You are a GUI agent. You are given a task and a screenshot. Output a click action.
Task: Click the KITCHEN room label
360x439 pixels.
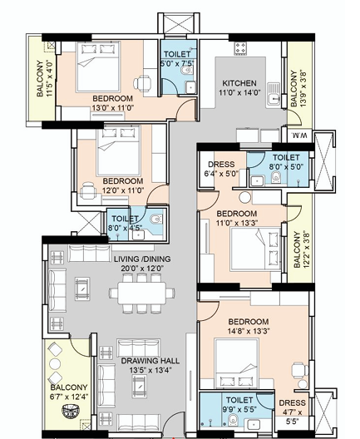click(239, 83)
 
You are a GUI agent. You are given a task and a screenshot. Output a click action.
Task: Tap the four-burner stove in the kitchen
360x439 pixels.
click(241, 48)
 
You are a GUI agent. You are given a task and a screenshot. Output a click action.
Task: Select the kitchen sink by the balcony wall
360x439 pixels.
click(274, 94)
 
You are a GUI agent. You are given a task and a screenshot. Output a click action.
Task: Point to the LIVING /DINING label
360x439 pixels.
click(142, 259)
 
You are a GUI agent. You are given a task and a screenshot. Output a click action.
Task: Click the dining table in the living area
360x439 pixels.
click(142, 293)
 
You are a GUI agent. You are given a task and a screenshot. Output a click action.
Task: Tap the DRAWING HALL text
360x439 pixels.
click(150, 361)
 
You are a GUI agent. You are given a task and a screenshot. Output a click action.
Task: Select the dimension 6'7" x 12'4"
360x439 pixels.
click(69, 397)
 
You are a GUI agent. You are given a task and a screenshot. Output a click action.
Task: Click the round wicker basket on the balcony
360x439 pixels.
click(71, 412)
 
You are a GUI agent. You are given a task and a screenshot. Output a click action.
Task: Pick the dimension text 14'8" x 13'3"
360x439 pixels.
click(249, 331)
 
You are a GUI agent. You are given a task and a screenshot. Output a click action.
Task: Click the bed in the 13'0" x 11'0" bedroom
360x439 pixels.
click(98, 67)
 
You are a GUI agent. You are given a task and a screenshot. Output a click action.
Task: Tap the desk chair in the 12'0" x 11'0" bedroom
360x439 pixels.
click(88, 191)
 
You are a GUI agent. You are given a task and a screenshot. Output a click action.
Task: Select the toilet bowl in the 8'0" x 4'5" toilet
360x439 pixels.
click(156, 219)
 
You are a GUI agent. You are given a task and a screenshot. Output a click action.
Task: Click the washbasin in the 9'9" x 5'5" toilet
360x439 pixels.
click(254, 424)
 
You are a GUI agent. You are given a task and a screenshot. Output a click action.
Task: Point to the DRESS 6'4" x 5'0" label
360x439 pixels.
click(221, 169)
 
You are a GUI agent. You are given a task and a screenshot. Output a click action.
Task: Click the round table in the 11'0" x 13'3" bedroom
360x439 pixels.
click(245, 197)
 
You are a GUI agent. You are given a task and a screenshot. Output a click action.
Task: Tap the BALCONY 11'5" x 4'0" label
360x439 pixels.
click(45, 79)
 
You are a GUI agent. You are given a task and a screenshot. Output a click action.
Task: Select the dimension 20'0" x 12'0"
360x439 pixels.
click(142, 269)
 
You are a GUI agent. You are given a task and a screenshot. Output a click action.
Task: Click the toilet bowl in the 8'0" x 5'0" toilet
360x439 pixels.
click(276, 177)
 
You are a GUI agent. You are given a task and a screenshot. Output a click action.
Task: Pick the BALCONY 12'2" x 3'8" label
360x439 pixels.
click(302, 249)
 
